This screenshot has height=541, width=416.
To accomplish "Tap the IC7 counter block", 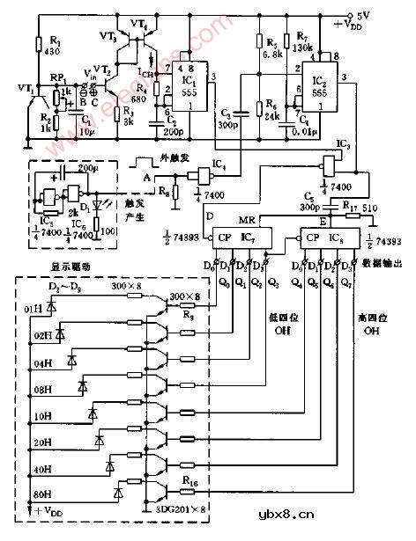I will coord(237,238).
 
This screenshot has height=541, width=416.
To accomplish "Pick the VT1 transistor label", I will coord(12,88).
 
